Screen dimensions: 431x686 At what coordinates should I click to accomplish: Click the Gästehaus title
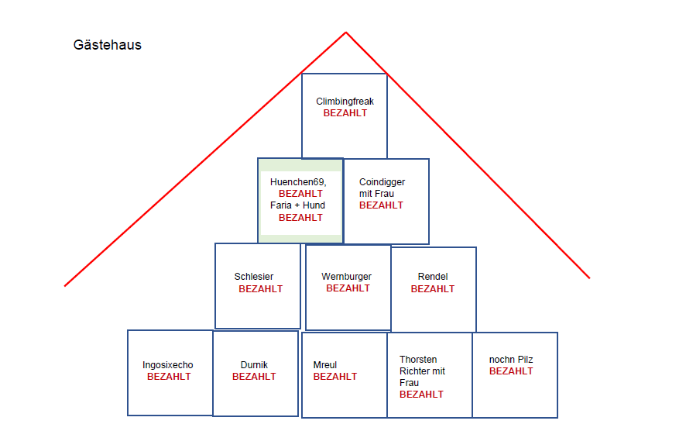pyautogui.click(x=108, y=45)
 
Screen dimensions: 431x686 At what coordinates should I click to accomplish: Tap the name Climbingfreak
pyautogui.click(x=345, y=102)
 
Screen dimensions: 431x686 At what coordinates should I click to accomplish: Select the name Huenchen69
pyautogui.click(x=298, y=182)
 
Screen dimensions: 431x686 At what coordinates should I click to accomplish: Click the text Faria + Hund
pyautogui.click(x=298, y=205)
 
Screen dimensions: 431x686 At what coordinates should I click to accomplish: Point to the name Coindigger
pyautogui.click(x=382, y=182)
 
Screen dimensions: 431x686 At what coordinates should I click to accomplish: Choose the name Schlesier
pyautogui.click(x=254, y=277)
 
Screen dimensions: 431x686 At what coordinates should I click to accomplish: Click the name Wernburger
pyautogui.click(x=347, y=277)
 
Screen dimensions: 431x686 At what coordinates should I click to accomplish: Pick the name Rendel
pyautogui.click(x=433, y=277)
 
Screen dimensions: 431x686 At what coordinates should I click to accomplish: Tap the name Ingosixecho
pyautogui.click(x=168, y=365)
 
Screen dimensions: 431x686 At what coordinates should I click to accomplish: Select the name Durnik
pyautogui.click(x=254, y=365)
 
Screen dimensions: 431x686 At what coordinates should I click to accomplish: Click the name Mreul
pyautogui.click(x=325, y=365)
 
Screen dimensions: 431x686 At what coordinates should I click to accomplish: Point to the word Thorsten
pyautogui.click(x=418, y=360)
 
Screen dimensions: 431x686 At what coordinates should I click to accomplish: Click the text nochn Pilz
pyautogui.click(x=511, y=360)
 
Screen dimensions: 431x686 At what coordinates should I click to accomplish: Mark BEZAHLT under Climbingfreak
pyautogui.click(x=345, y=113)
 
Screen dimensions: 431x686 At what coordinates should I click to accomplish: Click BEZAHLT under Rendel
pyautogui.click(x=433, y=289)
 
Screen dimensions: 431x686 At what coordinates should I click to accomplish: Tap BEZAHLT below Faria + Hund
pyautogui.click(x=300, y=218)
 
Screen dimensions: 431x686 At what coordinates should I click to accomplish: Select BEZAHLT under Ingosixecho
pyautogui.click(x=169, y=377)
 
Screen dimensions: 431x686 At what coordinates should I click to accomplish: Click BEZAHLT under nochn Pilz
pyautogui.click(x=511, y=371)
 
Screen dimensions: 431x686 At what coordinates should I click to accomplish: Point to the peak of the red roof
pyautogui.click(x=345, y=33)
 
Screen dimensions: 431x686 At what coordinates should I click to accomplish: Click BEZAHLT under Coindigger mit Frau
pyautogui.click(x=381, y=205)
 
